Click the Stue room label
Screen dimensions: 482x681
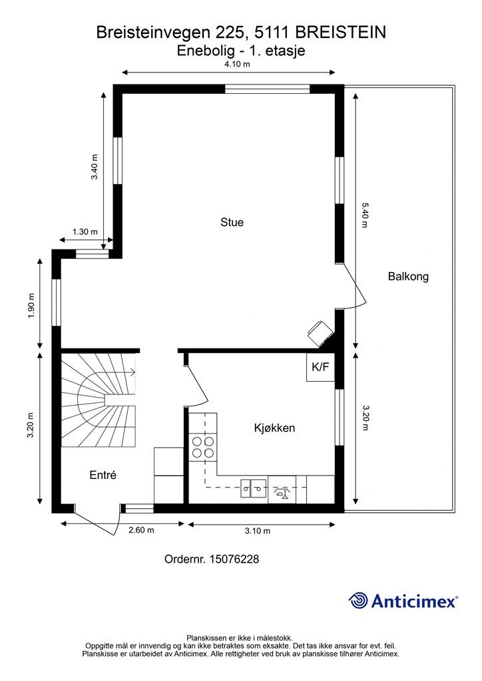point(232,222)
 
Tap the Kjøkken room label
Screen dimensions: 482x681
point(275,428)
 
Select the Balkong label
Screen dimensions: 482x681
point(408,277)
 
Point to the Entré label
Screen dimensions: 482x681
point(103,475)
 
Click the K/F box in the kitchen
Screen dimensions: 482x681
point(320,367)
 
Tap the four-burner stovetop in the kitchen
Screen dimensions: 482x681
point(203,448)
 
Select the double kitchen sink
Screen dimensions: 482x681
point(254,488)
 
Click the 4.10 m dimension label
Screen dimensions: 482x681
point(237,65)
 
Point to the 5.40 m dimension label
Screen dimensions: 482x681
point(365,215)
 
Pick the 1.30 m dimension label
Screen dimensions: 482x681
point(85,232)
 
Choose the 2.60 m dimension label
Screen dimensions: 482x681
point(141,530)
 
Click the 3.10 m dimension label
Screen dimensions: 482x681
point(257,531)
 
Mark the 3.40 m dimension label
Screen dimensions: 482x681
point(94,167)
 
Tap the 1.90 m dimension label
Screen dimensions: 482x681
point(31,305)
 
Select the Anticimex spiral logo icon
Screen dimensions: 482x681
point(358,601)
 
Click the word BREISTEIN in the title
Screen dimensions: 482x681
point(344,33)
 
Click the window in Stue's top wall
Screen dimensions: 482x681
point(267,89)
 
